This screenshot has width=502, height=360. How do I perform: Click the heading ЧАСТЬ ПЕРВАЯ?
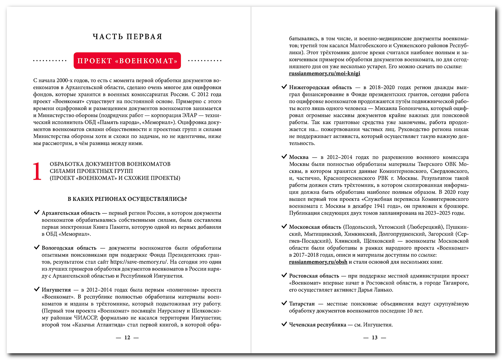127,37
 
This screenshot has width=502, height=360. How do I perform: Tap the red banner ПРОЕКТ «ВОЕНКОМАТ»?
127,61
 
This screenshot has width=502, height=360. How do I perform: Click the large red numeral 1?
37,171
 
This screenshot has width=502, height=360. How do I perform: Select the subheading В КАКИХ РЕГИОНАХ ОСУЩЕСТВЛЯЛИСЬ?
127,199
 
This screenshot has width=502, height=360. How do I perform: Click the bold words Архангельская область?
71,213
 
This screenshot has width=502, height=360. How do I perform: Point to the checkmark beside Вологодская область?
37,248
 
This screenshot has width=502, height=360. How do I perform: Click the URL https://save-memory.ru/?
139,262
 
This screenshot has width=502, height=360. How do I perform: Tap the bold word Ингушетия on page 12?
56,290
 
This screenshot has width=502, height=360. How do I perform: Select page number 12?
127,338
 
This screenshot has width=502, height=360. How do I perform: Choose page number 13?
375,338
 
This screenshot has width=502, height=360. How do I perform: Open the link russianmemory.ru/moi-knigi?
325,73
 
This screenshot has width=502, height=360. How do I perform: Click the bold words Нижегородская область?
320,87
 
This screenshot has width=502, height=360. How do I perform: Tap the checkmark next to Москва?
284,157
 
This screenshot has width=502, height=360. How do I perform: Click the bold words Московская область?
315,227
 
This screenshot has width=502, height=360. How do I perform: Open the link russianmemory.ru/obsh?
318,262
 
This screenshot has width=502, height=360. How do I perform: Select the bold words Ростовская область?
314,276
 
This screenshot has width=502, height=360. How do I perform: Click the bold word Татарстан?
302,304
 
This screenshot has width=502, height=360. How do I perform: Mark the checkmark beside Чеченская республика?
284,324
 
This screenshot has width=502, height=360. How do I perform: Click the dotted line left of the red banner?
50,61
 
